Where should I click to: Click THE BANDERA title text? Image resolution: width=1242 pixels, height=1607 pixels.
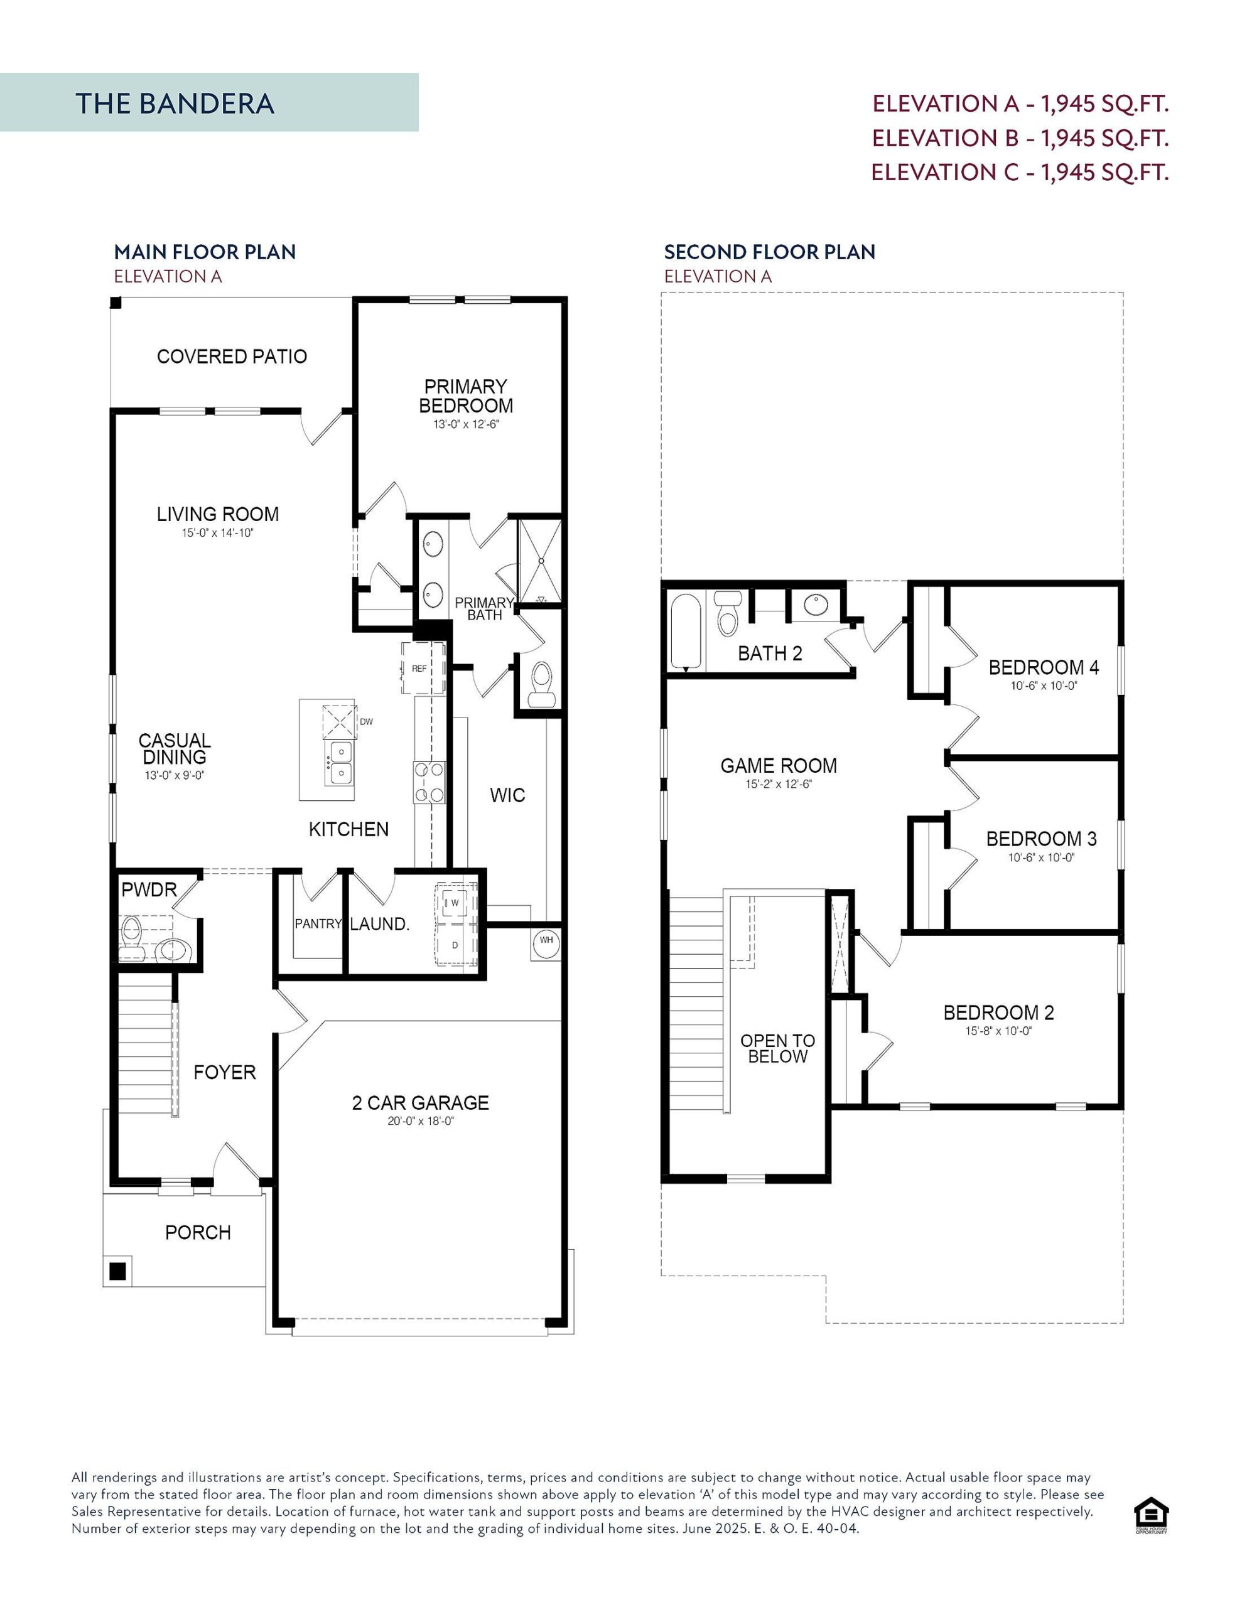pos(175,104)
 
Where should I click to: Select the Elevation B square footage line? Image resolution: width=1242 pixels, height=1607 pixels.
pos(1020,137)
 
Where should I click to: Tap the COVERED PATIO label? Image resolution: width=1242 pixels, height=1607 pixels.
pos(232,357)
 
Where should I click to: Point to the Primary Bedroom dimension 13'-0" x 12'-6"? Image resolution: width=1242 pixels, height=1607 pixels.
pos(466,424)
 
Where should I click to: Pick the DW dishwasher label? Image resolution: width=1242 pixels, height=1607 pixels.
pos(367,722)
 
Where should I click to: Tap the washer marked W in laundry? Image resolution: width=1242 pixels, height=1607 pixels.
pos(455,902)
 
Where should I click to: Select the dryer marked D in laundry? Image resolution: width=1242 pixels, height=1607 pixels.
pos(455,945)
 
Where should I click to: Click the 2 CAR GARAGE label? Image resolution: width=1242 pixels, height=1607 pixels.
pos(420,1103)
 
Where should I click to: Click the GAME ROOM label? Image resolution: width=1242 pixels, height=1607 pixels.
pos(778,766)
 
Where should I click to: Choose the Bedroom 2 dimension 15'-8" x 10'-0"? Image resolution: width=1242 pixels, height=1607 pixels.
pos(998,1031)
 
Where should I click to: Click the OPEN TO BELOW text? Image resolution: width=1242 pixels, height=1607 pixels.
pos(777,1048)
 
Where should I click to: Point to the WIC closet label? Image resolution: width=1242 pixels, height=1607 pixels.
pos(507,795)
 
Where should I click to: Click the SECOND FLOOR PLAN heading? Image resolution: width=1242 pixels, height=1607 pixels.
pos(769,252)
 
